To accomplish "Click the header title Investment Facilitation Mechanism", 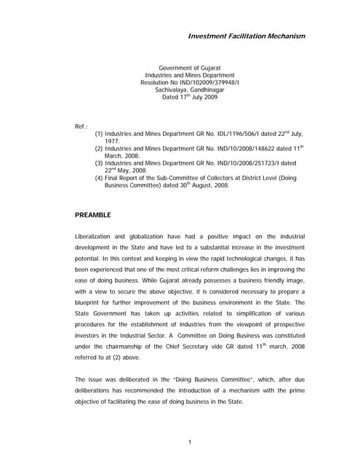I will point(247,36).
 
